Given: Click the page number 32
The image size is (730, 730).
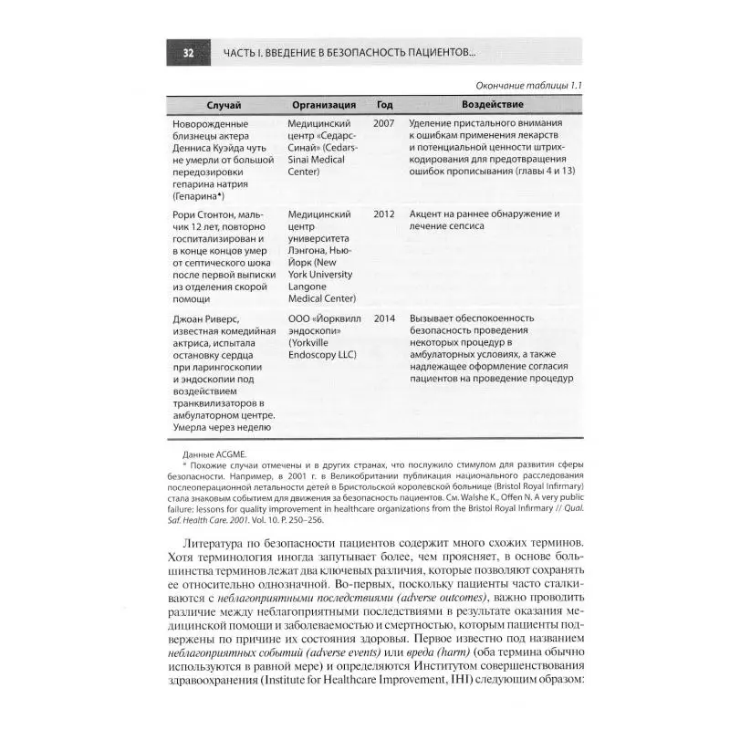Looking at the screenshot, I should click(x=188, y=53).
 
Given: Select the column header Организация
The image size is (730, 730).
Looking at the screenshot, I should click(x=324, y=105).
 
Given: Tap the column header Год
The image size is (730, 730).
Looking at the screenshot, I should click(x=384, y=105).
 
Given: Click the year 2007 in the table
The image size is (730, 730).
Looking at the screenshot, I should click(x=384, y=122).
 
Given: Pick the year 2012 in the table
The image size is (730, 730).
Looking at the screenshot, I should click(x=384, y=214).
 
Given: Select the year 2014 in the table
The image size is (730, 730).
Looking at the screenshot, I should click(x=384, y=318).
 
